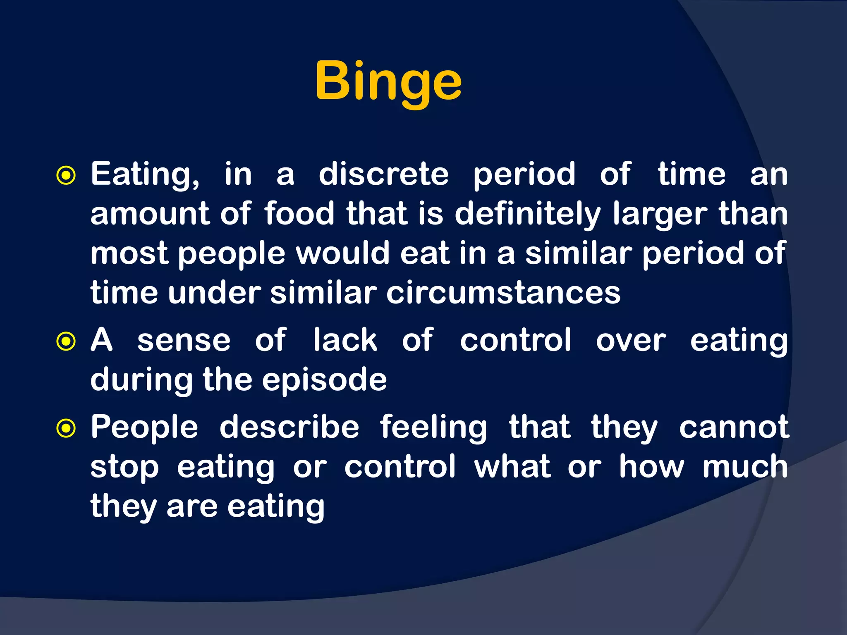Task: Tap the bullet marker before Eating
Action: click(x=66, y=176)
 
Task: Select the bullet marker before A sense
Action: click(x=66, y=341)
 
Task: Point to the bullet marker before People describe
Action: click(x=66, y=429)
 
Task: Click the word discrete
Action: click(x=383, y=174)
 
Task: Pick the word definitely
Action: click(x=527, y=214)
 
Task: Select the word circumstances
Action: click(x=503, y=293)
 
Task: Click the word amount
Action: click(x=150, y=214)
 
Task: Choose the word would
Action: click(x=343, y=253)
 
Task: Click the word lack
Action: click(x=345, y=340)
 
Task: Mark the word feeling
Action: click(x=433, y=428)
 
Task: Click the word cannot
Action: click(x=734, y=427)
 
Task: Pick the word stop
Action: click(x=124, y=468)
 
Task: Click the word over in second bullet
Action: click(x=631, y=341)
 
